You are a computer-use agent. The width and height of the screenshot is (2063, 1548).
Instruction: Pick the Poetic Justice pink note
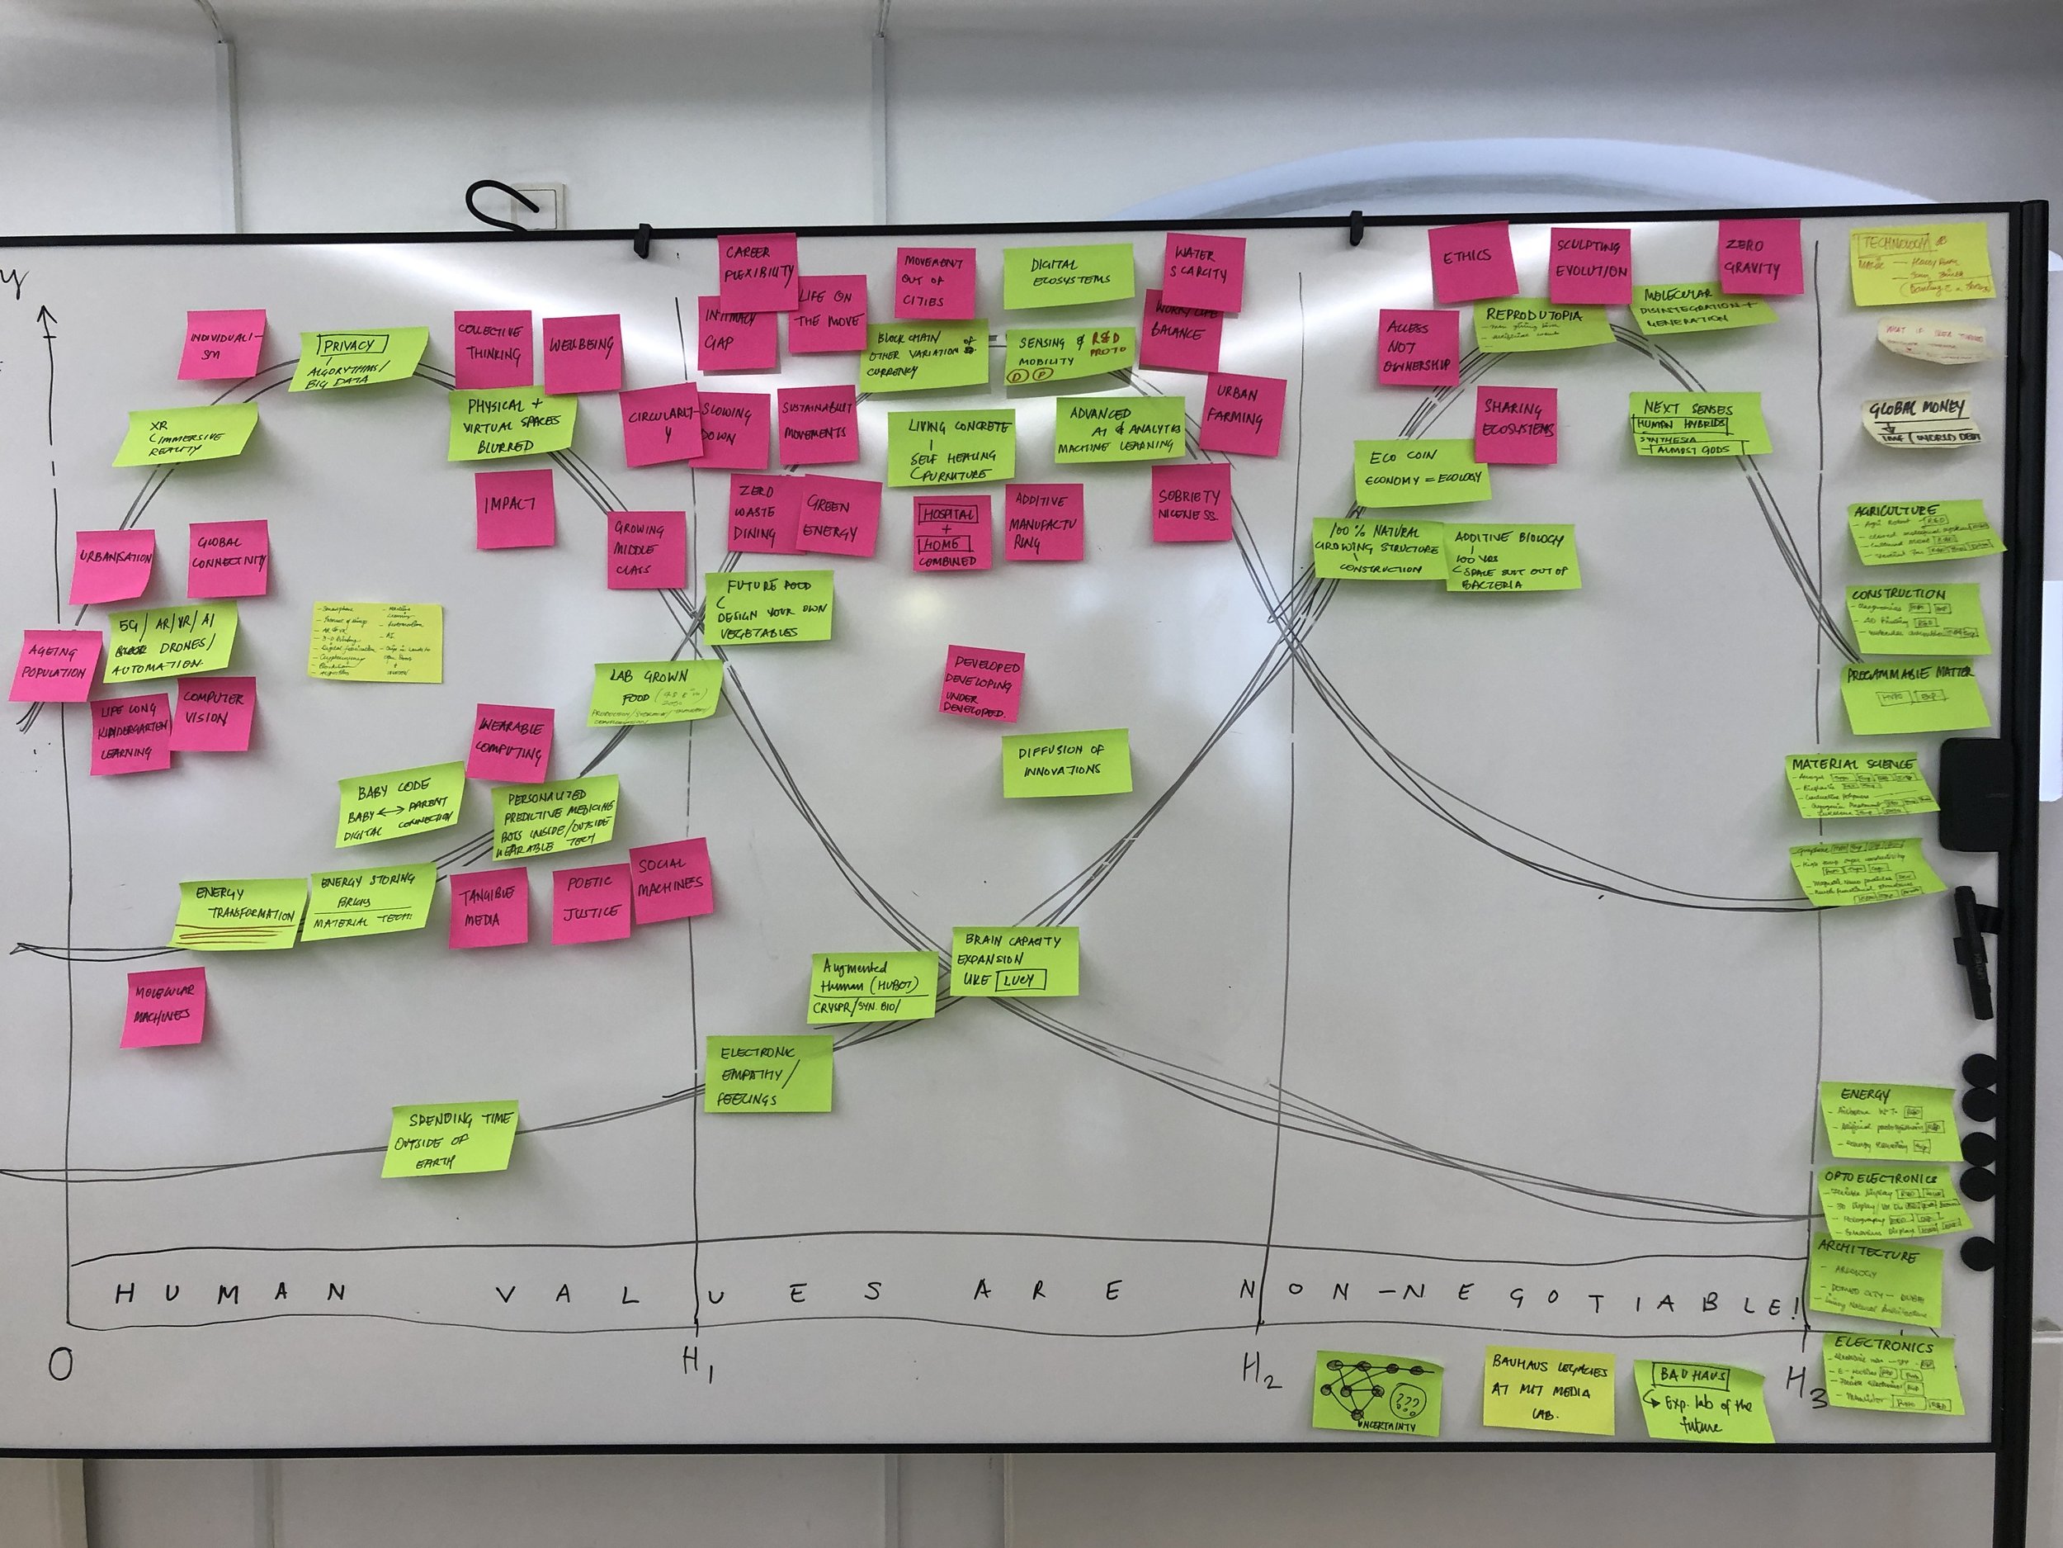(590, 897)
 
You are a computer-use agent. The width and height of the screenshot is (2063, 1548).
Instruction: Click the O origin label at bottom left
(59, 1365)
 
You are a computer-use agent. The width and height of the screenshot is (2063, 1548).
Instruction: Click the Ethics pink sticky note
(1467, 260)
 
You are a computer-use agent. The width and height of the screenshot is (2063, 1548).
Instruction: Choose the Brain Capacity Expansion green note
(1014, 961)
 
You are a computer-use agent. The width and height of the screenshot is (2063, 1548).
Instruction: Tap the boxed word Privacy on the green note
(348, 346)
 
